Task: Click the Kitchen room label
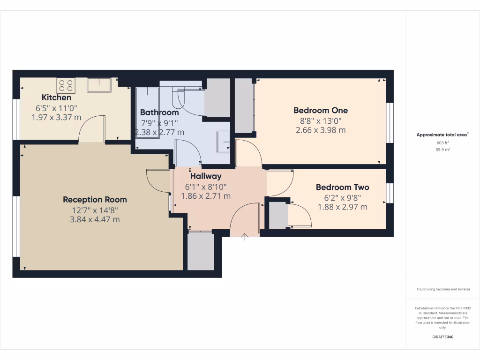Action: coord(57,97)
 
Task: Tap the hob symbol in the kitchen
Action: coord(66,85)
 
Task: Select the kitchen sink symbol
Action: coord(99,85)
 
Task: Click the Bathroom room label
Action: coord(159,112)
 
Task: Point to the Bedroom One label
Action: coord(321,111)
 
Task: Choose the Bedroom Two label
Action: coord(342,187)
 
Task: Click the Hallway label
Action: coord(206,177)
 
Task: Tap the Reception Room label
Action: coord(95,200)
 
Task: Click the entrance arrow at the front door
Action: coord(244,237)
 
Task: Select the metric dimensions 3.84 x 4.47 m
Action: coord(95,219)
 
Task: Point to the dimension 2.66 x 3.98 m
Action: coord(321,130)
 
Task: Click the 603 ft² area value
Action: coord(442,142)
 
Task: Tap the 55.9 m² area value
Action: coord(442,149)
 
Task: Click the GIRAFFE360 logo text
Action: coord(442,337)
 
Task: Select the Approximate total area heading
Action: coord(442,135)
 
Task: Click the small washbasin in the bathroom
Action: coord(223,142)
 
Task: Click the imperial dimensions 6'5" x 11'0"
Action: coord(56,108)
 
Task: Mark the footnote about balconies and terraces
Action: coord(442,289)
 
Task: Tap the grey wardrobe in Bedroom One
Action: coord(244,105)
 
